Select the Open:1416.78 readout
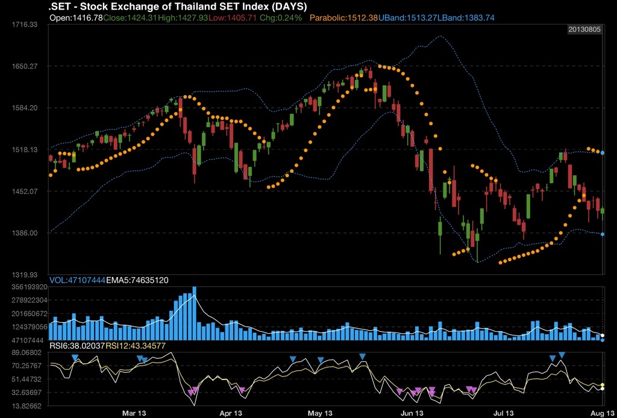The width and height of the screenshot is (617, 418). coord(75,17)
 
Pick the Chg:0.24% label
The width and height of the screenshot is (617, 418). coord(280,17)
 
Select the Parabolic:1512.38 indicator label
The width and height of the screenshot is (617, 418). coord(343,17)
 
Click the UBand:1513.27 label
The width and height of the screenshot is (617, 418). coord(407,17)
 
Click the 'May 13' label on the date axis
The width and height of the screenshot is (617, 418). coord(320,413)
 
